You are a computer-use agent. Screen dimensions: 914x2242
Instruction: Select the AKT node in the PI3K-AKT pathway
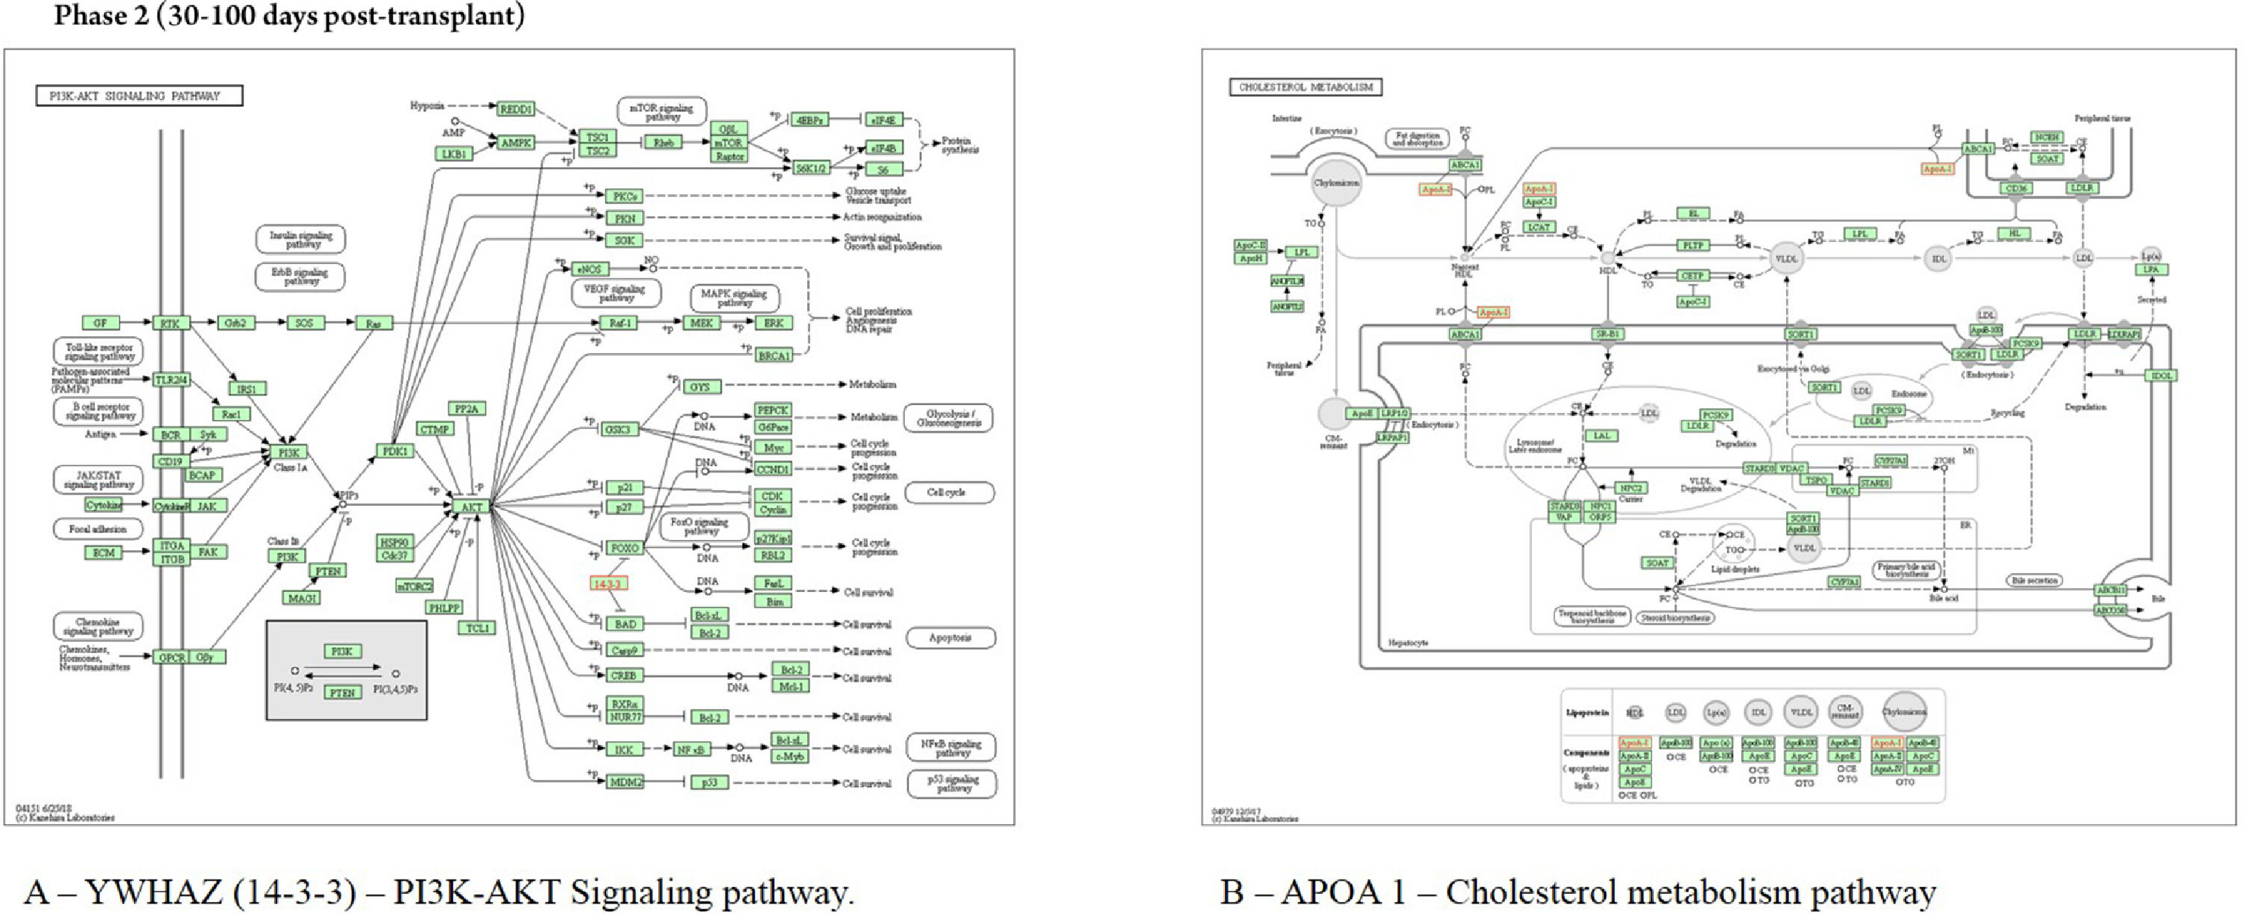click(472, 507)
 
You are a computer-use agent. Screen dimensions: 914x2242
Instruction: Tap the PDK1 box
click(395, 451)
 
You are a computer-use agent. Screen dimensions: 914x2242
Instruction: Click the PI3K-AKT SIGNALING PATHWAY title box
click(139, 96)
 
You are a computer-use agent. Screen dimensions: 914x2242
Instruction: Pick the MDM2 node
click(625, 782)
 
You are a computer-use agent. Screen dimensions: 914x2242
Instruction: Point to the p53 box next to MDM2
click(709, 782)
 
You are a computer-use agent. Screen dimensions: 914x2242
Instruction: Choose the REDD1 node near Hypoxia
click(515, 110)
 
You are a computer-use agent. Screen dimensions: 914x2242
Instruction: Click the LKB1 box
click(454, 154)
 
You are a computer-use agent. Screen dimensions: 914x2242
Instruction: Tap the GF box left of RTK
click(100, 323)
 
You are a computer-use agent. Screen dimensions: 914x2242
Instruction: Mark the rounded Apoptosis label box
click(951, 638)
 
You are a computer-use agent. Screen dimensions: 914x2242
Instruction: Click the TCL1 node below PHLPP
click(477, 628)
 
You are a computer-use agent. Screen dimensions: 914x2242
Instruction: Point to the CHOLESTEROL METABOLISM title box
click(1306, 87)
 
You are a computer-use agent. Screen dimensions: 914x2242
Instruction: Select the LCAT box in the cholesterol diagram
click(1539, 227)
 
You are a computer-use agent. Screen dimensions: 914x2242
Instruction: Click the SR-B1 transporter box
click(1608, 334)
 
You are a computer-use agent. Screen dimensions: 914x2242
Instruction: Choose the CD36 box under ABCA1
click(2016, 188)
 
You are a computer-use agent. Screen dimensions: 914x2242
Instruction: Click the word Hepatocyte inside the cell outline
click(1408, 643)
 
